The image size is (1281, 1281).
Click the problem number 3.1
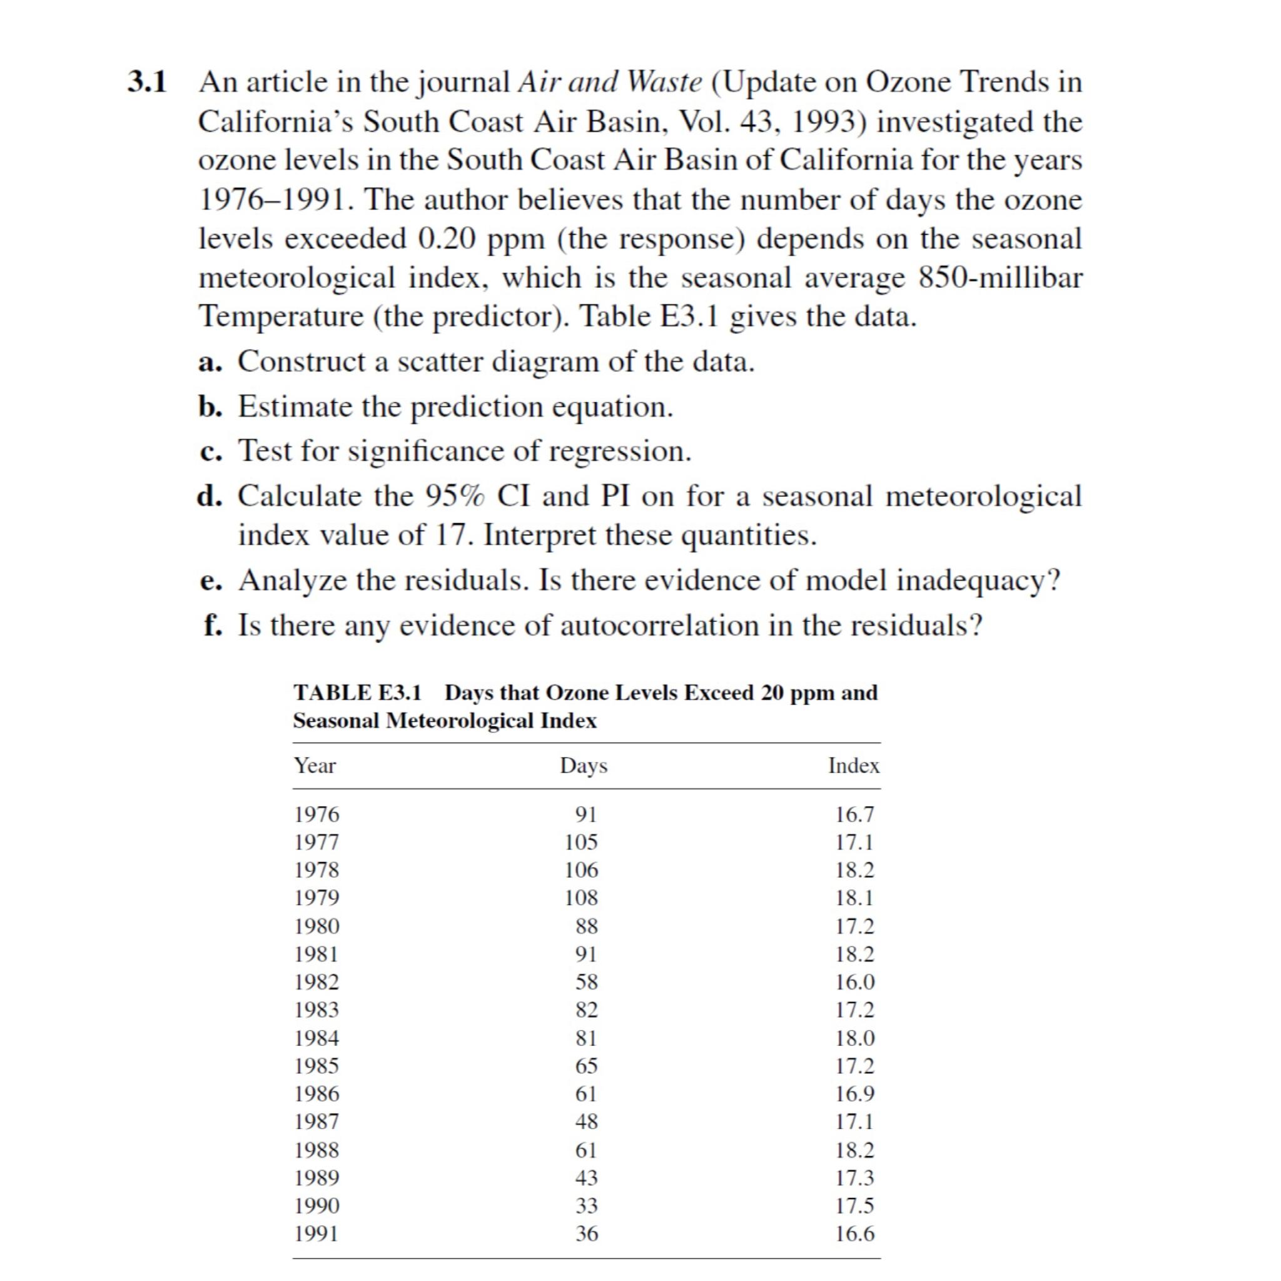click(147, 82)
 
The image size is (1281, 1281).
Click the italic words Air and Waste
click(609, 82)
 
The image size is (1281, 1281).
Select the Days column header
click(584, 766)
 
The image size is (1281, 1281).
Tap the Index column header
click(854, 766)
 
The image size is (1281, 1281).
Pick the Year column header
click(315, 766)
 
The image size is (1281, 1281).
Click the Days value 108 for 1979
click(581, 898)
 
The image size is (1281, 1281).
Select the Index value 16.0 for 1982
click(854, 982)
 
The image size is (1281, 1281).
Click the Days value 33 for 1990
click(586, 1205)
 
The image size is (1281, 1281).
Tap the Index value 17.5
click(854, 1205)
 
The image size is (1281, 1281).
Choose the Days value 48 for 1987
click(586, 1122)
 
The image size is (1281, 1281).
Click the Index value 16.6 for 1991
click(854, 1234)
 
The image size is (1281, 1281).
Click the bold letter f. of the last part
click(212, 625)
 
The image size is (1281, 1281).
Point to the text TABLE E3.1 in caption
click(357, 693)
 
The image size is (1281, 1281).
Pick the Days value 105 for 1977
click(581, 842)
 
